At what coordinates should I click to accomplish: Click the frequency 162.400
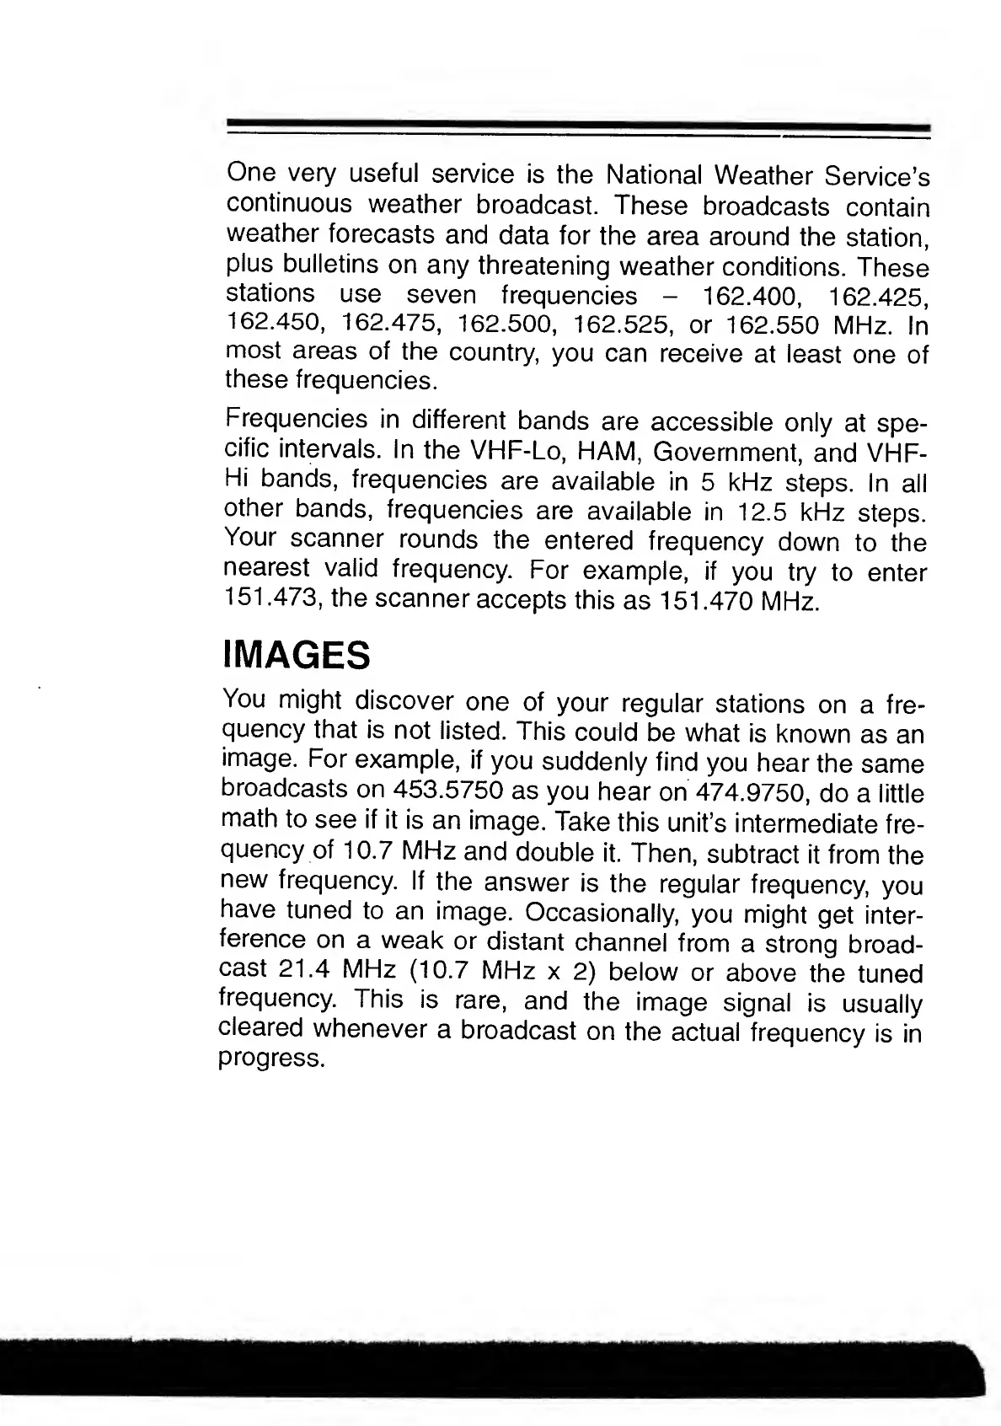click(737, 297)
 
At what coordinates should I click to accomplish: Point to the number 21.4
click(304, 970)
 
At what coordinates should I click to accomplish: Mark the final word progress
click(270, 1059)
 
